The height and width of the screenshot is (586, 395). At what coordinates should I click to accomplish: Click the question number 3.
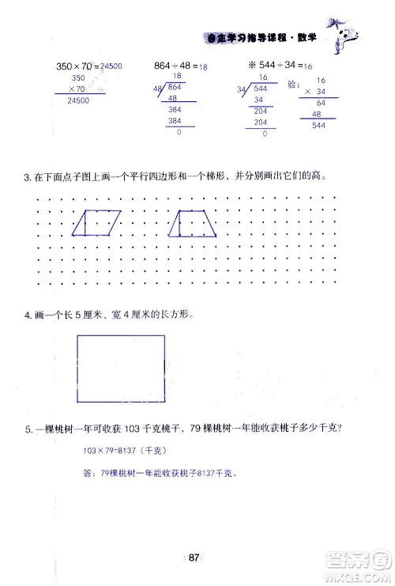pyautogui.click(x=27, y=180)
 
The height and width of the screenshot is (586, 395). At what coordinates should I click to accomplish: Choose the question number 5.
pyautogui.click(x=27, y=429)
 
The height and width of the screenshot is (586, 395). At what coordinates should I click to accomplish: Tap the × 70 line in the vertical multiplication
pyautogui.click(x=77, y=89)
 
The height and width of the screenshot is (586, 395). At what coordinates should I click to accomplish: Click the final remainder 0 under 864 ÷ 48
pyautogui.click(x=179, y=131)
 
